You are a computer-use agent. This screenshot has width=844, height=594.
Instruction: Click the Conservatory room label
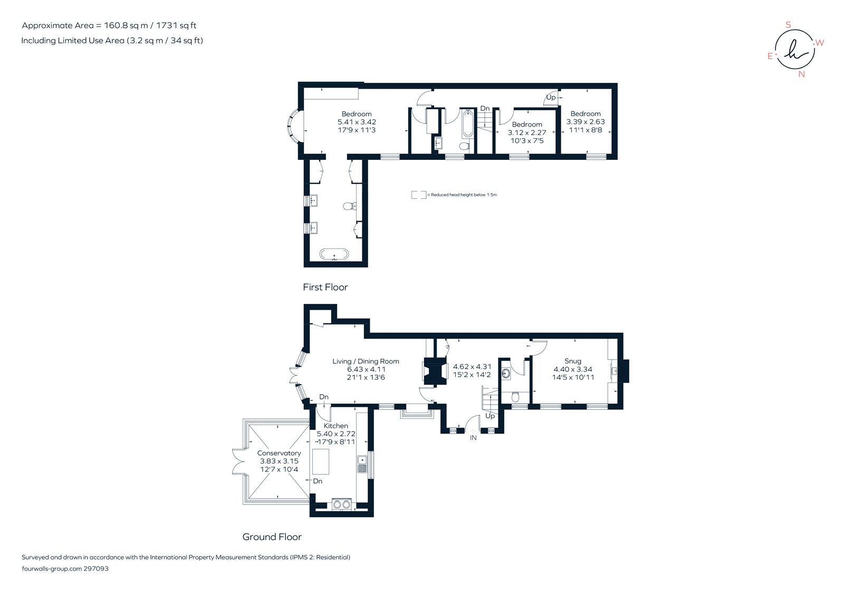(279, 453)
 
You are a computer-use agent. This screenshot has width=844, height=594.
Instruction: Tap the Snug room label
(573, 361)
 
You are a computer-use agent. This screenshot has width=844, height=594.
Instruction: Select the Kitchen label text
(336, 426)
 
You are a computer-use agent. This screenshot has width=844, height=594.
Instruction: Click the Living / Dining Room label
(366, 361)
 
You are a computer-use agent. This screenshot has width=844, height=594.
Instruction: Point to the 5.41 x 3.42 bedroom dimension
(357, 122)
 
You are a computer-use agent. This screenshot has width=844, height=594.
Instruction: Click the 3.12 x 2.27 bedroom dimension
(527, 133)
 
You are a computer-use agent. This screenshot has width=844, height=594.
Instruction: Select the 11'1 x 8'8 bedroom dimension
(586, 130)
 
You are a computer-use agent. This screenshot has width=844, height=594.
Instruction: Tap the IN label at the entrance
(473, 438)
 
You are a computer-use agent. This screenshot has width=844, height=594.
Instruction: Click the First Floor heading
(325, 287)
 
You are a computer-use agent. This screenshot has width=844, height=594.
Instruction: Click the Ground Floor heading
(272, 537)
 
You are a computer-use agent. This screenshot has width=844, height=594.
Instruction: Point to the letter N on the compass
(802, 74)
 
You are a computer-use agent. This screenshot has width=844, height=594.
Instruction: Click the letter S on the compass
(789, 25)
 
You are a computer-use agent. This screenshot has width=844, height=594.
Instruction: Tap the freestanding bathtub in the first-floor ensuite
(334, 254)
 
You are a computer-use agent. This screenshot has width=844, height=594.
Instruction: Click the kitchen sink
(362, 464)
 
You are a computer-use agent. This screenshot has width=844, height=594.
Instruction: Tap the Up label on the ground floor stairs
(490, 416)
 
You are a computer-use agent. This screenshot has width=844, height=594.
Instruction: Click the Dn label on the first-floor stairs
(485, 109)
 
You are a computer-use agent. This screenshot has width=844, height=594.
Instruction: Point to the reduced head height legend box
(419, 195)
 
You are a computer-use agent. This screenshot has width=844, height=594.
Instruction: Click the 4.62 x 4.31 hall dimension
(472, 367)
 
